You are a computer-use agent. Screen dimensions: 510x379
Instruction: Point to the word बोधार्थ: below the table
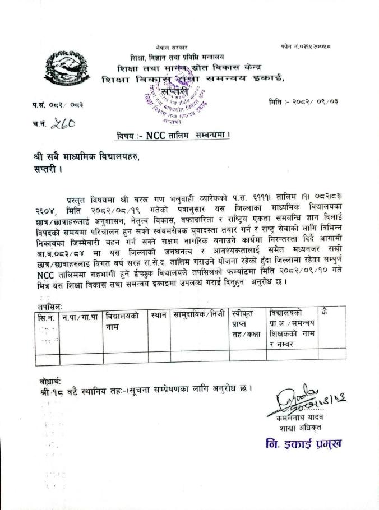(x=45, y=381)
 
